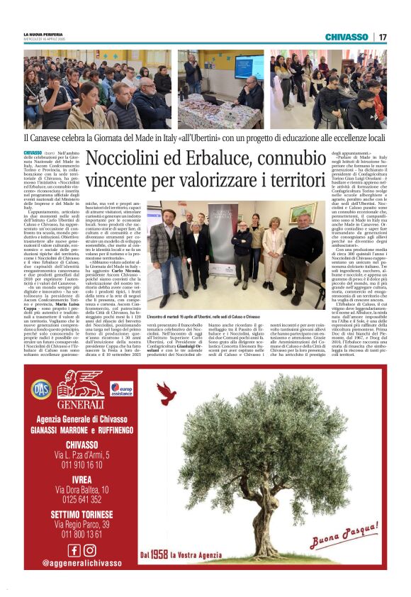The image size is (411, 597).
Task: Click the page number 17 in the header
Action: (x=383, y=37)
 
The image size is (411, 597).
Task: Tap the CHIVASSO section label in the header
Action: (x=346, y=37)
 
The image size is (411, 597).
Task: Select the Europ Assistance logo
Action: (x=121, y=389)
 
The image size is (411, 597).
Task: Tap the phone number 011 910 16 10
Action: (x=81, y=464)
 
